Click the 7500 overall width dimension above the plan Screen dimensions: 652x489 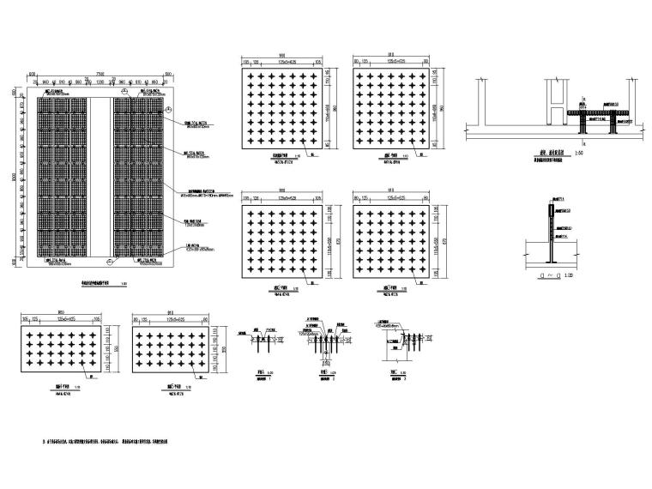(100, 74)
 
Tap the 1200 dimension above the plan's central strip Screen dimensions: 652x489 (100, 81)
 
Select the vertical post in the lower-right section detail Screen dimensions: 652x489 (547, 232)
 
